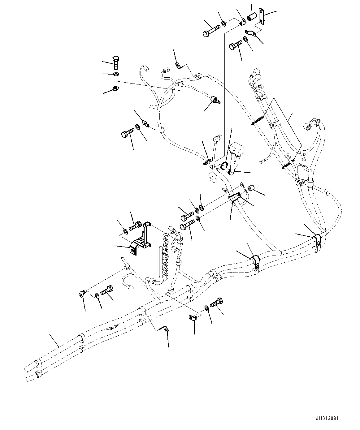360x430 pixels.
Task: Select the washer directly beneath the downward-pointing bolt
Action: [x=116, y=75]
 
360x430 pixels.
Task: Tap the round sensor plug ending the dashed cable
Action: [x=214, y=100]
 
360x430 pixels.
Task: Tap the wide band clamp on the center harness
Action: [x=236, y=198]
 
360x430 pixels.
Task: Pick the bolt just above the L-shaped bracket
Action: [x=135, y=226]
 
